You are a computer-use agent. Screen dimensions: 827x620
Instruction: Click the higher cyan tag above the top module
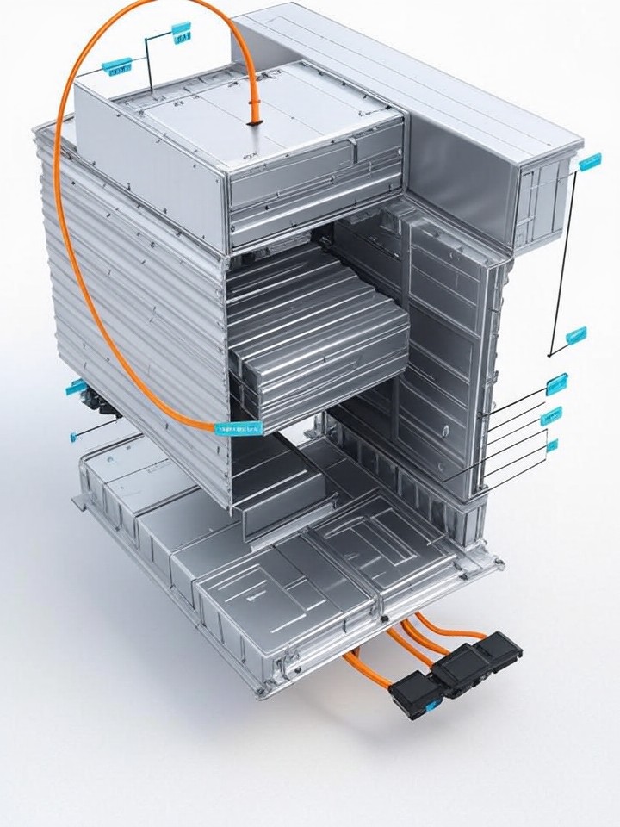coord(182,34)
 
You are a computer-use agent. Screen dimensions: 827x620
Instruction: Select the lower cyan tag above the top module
coord(117,65)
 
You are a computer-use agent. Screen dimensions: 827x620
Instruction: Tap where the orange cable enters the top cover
coord(254,121)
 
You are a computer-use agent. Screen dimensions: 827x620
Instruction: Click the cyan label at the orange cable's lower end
coord(238,427)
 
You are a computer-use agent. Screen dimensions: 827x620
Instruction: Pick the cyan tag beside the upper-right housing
coord(591,161)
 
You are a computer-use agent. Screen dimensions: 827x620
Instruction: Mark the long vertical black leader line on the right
coord(564,258)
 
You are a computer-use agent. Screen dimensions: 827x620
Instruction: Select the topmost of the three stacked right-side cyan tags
coord(557,384)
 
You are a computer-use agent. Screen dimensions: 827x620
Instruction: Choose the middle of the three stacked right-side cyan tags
coord(551,416)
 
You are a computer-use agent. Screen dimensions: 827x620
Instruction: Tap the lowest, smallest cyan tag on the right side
coord(552,445)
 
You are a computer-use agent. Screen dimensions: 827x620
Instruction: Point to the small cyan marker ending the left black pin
coord(74,437)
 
